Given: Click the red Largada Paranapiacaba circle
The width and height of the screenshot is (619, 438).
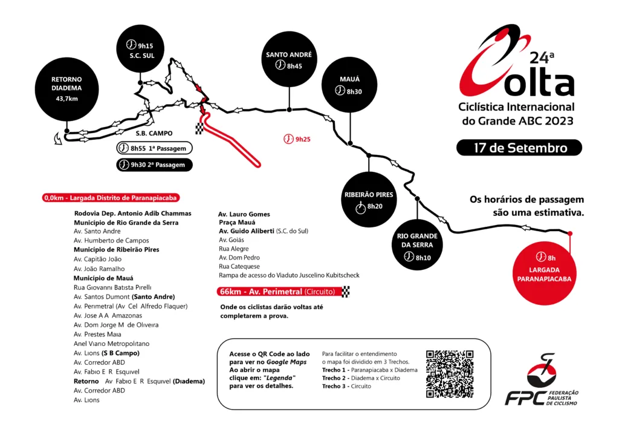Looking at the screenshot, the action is tap(545, 273).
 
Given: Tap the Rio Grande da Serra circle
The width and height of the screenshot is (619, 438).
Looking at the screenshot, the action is tap(417, 245).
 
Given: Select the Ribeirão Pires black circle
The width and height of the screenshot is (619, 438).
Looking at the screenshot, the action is tap(369, 200).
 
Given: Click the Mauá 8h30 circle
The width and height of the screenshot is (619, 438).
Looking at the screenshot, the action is tap(349, 85).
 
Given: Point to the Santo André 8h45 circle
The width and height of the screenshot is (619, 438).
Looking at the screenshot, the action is tap(289, 59).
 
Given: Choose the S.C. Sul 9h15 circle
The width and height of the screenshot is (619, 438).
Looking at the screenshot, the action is tap(140, 49).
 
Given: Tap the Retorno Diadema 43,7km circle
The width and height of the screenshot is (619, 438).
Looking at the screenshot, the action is tap(66, 90).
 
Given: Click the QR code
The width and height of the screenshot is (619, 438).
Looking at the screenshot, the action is tap(450, 374).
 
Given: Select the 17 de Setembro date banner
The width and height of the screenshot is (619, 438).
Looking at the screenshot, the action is tap(519, 148).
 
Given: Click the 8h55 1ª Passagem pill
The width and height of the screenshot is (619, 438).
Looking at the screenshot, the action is tap(154, 148).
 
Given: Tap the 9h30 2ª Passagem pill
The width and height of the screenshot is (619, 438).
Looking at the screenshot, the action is tap(154, 165).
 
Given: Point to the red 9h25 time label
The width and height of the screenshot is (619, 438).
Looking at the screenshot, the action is tap(297, 139).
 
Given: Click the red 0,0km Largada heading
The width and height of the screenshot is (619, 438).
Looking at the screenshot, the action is tap(111, 197).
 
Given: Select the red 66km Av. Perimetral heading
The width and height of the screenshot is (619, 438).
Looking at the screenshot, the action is tap(279, 292).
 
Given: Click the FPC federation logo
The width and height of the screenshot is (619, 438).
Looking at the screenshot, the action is tap(542, 380).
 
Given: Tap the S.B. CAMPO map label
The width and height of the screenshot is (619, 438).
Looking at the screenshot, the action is tap(154, 134).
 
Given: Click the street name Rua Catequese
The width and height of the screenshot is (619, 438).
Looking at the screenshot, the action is tap(239, 266).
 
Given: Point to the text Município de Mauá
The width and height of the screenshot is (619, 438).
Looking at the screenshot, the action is tap(103, 278).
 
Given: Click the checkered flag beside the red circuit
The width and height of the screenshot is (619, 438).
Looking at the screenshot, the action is tap(199, 128).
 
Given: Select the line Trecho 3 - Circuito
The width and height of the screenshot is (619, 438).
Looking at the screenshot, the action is tap(346, 386).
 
